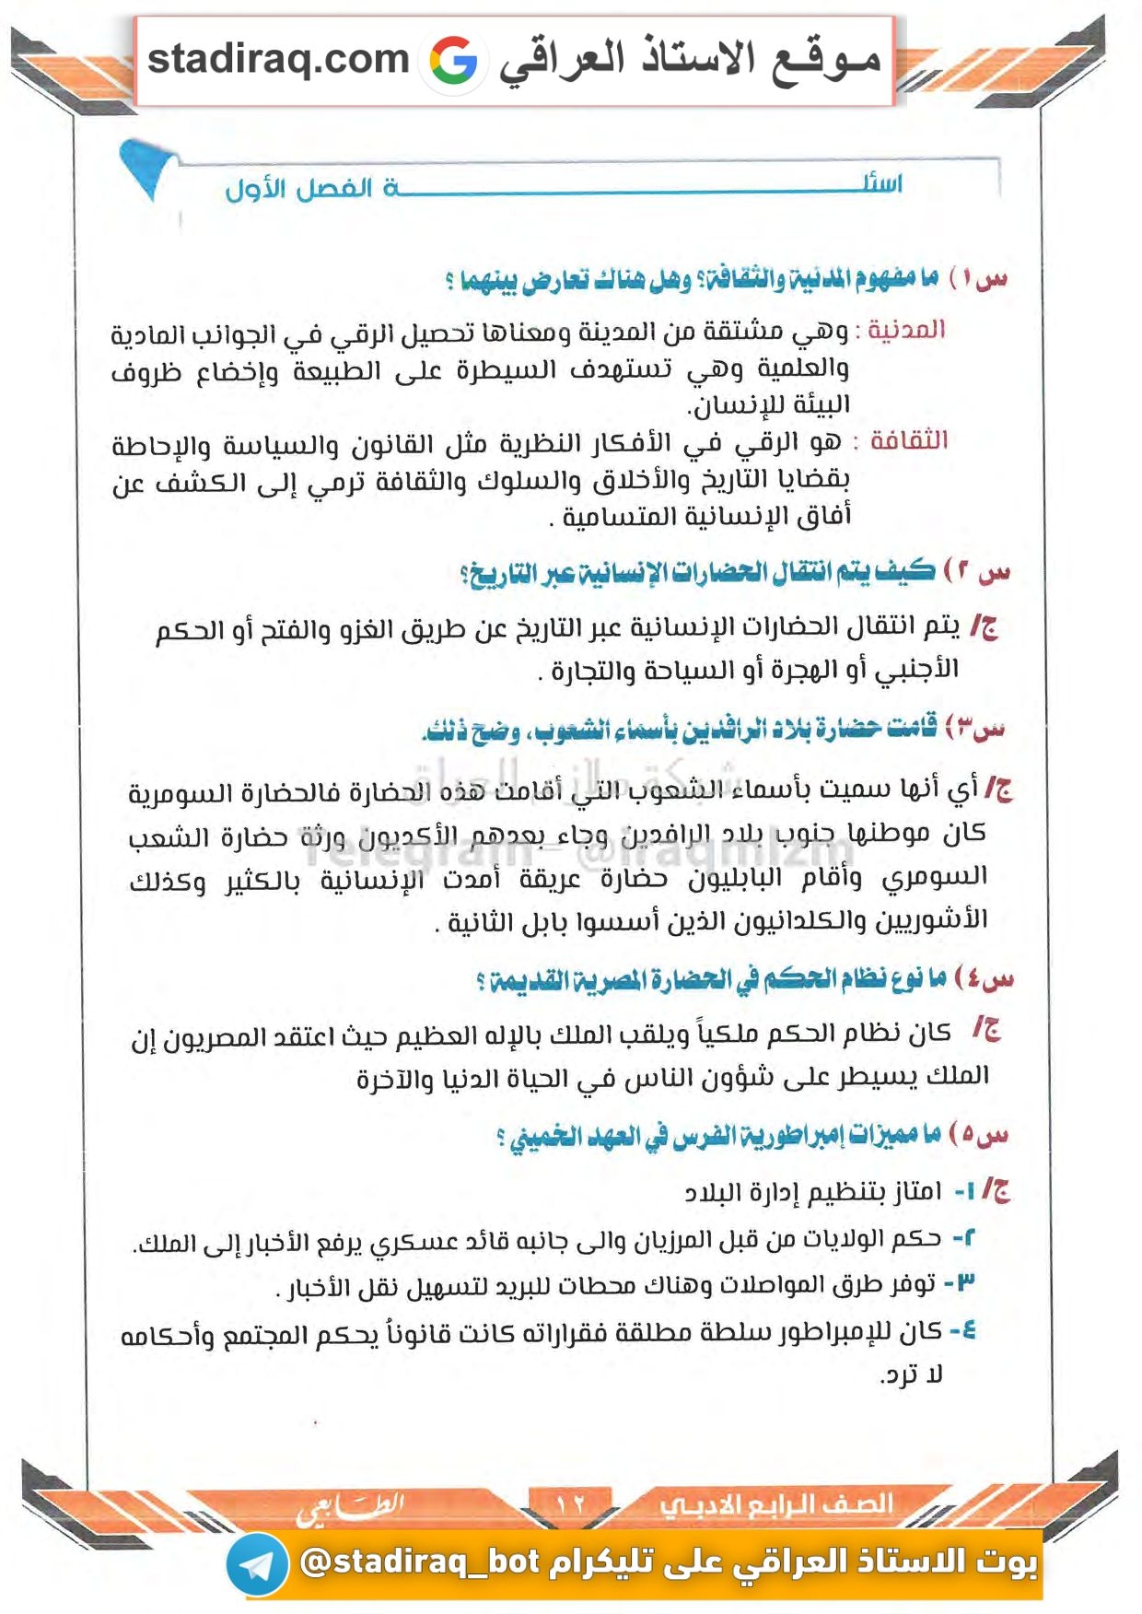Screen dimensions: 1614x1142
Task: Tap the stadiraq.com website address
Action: [278, 60]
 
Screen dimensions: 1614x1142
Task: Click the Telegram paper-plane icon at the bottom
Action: [257, 1564]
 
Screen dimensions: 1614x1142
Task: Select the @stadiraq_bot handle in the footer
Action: [419, 1562]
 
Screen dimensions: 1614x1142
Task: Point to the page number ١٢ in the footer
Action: [570, 1503]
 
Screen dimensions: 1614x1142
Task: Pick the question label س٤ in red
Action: [988, 978]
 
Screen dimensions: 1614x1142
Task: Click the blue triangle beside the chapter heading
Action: [146, 167]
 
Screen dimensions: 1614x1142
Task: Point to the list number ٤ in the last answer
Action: [963, 1330]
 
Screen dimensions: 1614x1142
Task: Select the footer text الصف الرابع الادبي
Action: [775, 1503]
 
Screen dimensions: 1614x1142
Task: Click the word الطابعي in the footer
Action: [350, 1507]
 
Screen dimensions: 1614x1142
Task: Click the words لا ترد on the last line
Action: [913, 1375]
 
